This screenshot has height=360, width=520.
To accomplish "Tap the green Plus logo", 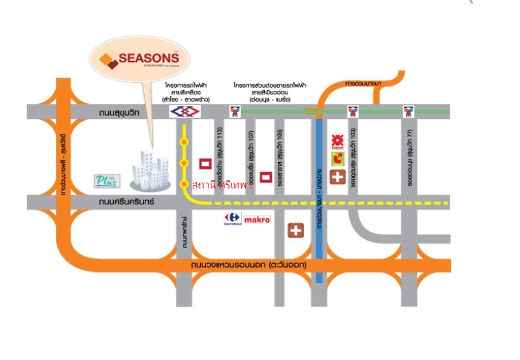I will [x=107, y=180].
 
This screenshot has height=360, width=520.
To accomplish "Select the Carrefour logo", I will [x=232, y=220].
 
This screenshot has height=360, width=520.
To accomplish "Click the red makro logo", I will [x=256, y=220].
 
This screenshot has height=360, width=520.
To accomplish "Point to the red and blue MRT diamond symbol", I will [x=180, y=111].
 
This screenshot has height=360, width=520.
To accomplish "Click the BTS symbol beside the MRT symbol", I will [x=234, y=111].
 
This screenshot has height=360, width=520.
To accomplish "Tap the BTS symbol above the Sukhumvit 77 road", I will [x=408, y=111].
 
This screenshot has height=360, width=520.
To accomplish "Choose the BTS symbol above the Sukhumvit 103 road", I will [x=353, y=111].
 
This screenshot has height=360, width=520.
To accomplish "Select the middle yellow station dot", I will [x=184, y=163].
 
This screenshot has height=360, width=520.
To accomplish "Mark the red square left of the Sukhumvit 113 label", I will [x=206, y=163].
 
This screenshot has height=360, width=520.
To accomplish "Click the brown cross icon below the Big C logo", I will [x=337, y=177].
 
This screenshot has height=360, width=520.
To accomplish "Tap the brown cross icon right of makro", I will [x=296, y=230].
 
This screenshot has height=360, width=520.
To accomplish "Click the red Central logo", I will [x=337, y=141].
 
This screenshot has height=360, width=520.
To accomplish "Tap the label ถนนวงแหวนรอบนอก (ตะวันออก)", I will [x=249, y=265].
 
